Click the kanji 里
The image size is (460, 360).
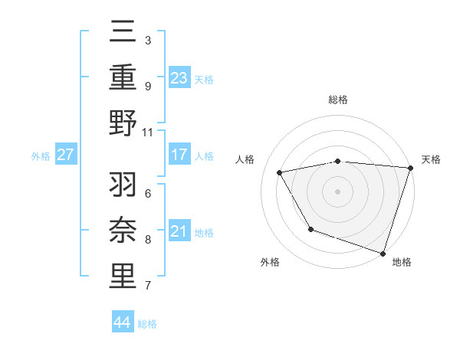123,277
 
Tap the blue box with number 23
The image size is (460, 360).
179,77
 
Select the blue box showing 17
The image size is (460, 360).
179,155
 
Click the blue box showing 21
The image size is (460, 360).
179,232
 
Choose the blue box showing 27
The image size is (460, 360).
65,155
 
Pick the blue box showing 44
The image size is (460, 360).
122,322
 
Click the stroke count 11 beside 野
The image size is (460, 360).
148,132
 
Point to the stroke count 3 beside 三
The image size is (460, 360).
148,39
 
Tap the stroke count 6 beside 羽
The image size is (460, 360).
148,192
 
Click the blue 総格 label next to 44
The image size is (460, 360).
147,324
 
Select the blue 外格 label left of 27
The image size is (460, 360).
41,156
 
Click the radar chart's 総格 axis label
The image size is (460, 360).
337,100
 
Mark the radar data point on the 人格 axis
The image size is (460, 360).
280,172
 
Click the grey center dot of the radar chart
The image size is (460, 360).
337,191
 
